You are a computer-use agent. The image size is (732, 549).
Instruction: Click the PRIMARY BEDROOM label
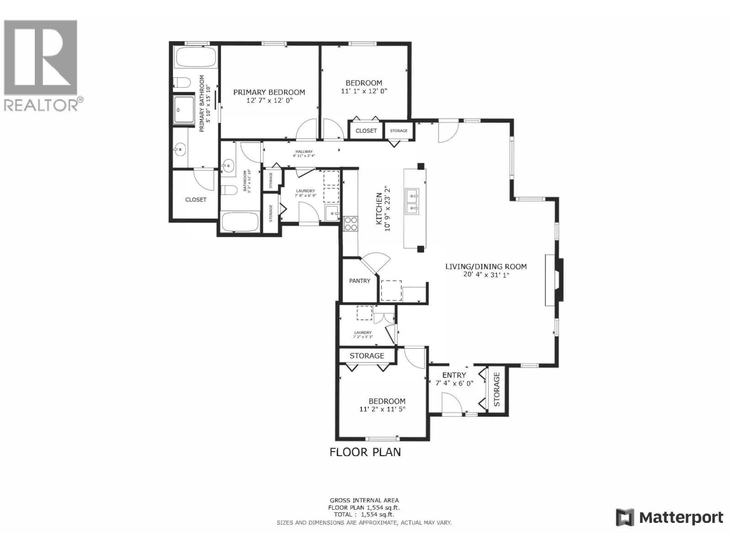269,92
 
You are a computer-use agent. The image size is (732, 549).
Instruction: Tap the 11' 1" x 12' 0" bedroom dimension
364,91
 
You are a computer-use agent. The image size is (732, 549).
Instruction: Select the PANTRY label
360,280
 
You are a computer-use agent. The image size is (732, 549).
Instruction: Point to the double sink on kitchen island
414,203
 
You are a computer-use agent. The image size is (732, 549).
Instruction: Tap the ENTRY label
454,375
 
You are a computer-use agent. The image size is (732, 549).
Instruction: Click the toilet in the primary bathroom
182,83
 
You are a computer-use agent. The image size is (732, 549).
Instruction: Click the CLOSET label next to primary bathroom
196,199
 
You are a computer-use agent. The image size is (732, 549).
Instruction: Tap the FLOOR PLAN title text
365,452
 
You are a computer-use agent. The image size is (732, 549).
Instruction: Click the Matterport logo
669,517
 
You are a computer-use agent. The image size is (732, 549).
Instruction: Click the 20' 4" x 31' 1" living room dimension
486,274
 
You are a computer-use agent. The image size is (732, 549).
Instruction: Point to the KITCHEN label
379,208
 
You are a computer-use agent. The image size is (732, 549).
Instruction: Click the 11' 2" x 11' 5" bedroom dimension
382,409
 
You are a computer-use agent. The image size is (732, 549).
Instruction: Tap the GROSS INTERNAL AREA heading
364,501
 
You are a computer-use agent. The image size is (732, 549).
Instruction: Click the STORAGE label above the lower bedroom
367,355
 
